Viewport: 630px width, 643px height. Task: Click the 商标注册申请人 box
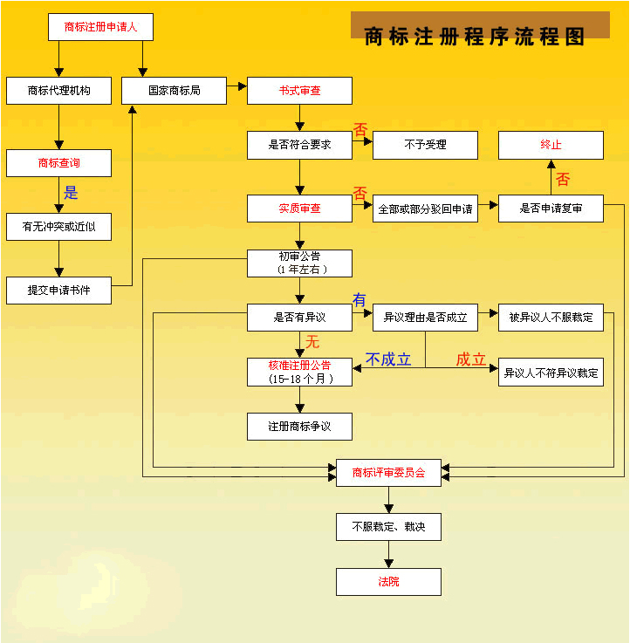pos(100,27)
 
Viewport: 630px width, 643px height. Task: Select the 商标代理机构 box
pos(58,91)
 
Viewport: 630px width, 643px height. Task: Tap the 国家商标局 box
pos(174,91)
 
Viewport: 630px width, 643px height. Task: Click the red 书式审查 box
pos(299,91)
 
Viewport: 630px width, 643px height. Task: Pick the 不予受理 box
pos(425,145)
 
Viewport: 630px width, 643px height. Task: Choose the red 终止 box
pos(551,145)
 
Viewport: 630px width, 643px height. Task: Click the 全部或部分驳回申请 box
pos(425,209)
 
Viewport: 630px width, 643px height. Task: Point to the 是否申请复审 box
pos(551,209)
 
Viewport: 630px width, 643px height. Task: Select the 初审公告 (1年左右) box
pos(299,263)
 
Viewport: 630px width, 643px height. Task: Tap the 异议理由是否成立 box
pos(425,318)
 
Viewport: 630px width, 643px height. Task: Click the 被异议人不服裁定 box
pos(551,318)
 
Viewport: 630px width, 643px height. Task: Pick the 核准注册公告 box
pos(299,372)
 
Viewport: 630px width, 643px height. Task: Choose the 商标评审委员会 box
pos(388,473)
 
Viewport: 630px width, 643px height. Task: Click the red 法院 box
pos(388,582)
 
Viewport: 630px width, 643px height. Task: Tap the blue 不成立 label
pos(388,359)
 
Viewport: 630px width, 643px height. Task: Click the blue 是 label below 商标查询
pos(71,192)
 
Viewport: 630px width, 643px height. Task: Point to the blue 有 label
pos(359,300)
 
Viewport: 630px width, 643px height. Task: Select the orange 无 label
pos(312,342)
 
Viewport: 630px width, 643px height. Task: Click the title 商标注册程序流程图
pos(475,37)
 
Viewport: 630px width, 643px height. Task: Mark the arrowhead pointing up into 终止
pos(551,164)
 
